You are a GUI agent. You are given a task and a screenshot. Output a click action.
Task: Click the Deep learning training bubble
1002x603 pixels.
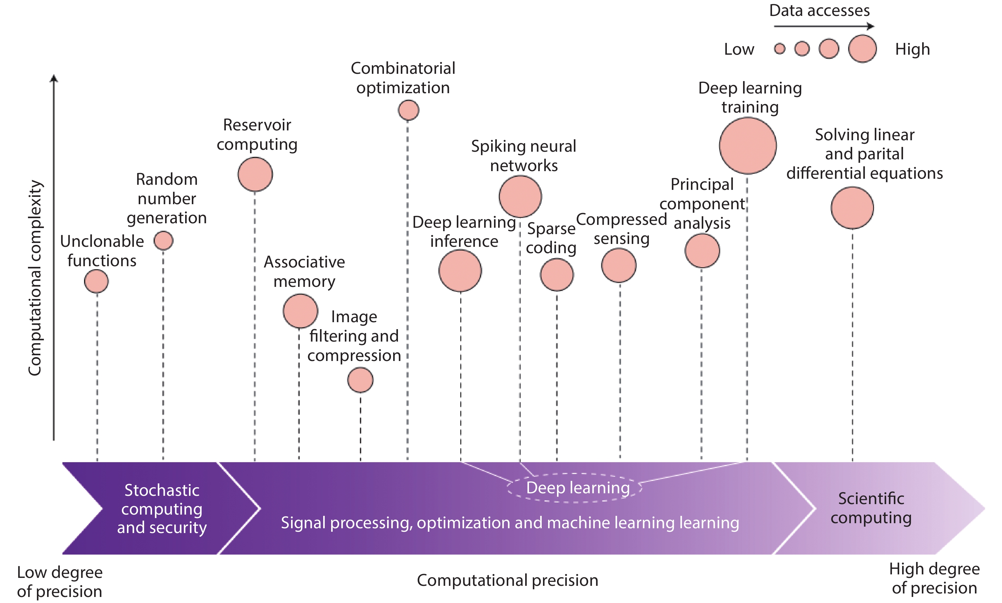tap(747, 145)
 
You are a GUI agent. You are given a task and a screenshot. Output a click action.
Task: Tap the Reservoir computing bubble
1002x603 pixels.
tap(255, 174)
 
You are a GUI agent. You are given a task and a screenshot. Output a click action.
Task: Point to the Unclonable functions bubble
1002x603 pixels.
tap(96, 281)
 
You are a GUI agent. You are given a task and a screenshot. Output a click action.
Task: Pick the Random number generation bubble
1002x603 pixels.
tap(164, 240)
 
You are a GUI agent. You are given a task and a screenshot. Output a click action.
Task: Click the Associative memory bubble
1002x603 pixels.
tap(300, 311)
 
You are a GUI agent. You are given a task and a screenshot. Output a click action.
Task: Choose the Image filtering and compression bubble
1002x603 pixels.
tap(360, 380)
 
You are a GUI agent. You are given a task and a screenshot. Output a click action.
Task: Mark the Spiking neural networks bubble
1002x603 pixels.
tap(520, 196)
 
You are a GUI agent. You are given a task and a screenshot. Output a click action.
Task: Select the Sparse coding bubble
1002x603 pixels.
tap(557, 275)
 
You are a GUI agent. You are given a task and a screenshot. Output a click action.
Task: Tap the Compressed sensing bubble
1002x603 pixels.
tap(618, 265)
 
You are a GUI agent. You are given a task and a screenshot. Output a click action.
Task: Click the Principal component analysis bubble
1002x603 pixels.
tap(702, 250)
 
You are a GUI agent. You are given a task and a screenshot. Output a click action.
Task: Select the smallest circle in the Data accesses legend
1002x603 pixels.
tap(779, 49)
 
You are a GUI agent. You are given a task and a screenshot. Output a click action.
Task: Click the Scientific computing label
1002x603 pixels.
tap(871, 508)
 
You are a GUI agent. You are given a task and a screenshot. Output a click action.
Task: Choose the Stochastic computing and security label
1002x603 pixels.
tap(162, 509)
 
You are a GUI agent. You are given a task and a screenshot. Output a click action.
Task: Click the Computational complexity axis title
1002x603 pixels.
tap(35, 278)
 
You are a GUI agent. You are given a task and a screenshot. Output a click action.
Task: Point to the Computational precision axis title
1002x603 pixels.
tap(507, 580)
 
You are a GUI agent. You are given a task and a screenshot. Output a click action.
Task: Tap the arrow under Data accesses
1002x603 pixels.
tap(823, 26)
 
